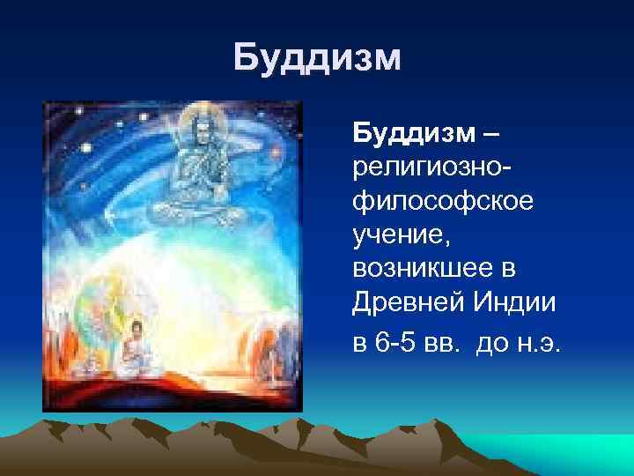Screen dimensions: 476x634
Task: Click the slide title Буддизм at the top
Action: pyautogui.click(x=317, y=60)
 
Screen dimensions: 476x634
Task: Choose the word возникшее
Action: pyautogui.click(x=423, y=267)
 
